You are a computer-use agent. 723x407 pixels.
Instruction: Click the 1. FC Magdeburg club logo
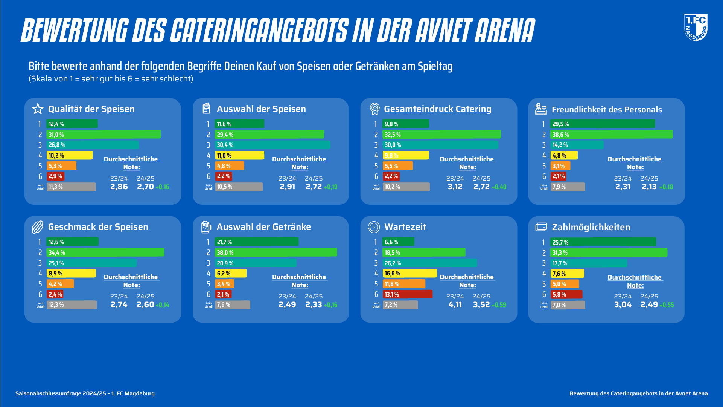click(x=696, y=27)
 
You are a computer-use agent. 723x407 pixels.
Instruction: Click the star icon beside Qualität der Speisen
click(x=38, y=109)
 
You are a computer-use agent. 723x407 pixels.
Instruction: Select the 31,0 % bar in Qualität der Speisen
click(x=104, y=135)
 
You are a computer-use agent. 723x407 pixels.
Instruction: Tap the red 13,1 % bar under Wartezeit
click(x=408, y=294)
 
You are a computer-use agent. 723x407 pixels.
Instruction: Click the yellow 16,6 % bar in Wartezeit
click(x=409, y=273)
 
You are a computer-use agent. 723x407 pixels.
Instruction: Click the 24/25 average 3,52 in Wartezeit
click(x=481, y=304)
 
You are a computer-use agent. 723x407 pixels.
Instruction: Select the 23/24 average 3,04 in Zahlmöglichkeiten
click(x=623, y=304)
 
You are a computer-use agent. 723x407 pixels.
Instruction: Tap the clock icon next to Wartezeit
click(x=374, y=227)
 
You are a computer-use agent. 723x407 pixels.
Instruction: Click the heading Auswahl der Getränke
click(x=263, y=227)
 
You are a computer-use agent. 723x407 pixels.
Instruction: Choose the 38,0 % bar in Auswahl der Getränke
click(x=276, y=252)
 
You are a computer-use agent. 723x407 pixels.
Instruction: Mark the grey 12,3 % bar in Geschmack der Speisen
click(x=72, y=304)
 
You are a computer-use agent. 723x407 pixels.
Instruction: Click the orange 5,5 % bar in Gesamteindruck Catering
click(x=398, y=166)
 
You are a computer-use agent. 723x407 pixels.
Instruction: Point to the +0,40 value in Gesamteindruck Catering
click(x=499, y=187)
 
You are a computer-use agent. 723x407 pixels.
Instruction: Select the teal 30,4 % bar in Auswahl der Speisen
click(x=272, y=145)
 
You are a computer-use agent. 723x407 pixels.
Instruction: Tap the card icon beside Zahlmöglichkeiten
click(x=541, y=227)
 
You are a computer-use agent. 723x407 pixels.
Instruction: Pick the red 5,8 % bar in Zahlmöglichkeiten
click(x=566, y=294)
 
